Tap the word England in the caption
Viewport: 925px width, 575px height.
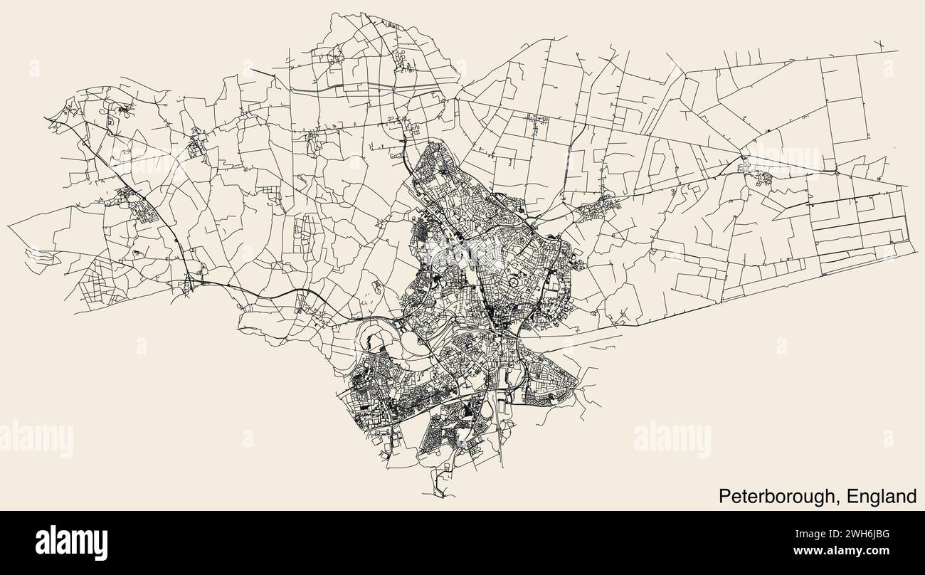pos(879,495)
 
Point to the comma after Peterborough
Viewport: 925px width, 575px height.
pos(835,500)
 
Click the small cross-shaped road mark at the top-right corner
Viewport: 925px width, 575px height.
pos(881,47)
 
